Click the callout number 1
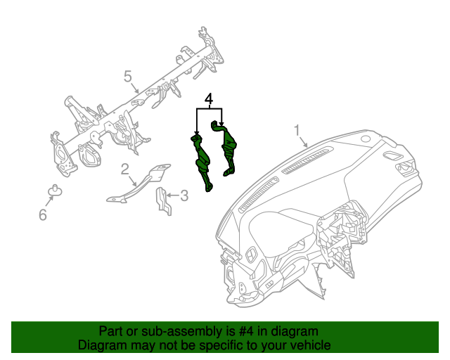(x=297, y=131)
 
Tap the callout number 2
(x=124, y=169)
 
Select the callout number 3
(x=184, y=195)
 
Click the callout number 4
(x=208, y=99)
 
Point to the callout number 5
(x=128, y=76)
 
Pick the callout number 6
(x=42, y=215)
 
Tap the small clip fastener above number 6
(x=54, y=190)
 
